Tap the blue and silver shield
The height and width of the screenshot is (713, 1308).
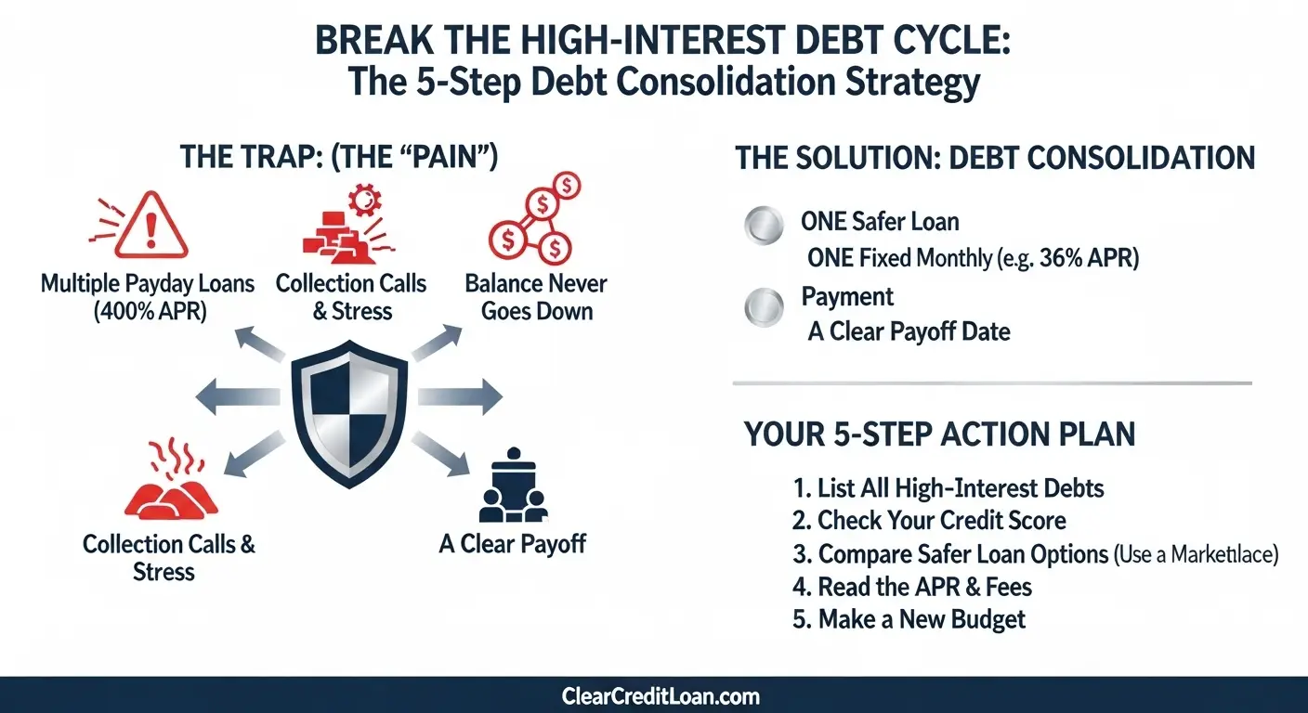(x=349, y=414)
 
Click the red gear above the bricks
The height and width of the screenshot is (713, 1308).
(x=365, y=201)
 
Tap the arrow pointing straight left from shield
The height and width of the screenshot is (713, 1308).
(x=237, y=396)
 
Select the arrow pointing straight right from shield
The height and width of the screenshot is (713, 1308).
(x=460, y=396)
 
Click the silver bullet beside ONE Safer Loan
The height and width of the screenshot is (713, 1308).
(x=764, y=226)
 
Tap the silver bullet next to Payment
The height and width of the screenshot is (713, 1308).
(x=764, y=307)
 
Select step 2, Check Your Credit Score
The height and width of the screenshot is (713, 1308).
(x=929, y=521)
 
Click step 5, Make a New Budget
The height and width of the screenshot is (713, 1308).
(x=909, y=619)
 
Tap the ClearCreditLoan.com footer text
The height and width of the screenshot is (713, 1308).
(x=661, y=696)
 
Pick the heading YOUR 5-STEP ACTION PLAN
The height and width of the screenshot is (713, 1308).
(x=939, y=434)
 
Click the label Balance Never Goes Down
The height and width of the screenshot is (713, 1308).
(x=536, y=298)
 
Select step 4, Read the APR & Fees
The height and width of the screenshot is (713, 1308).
(x=912, y=587)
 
